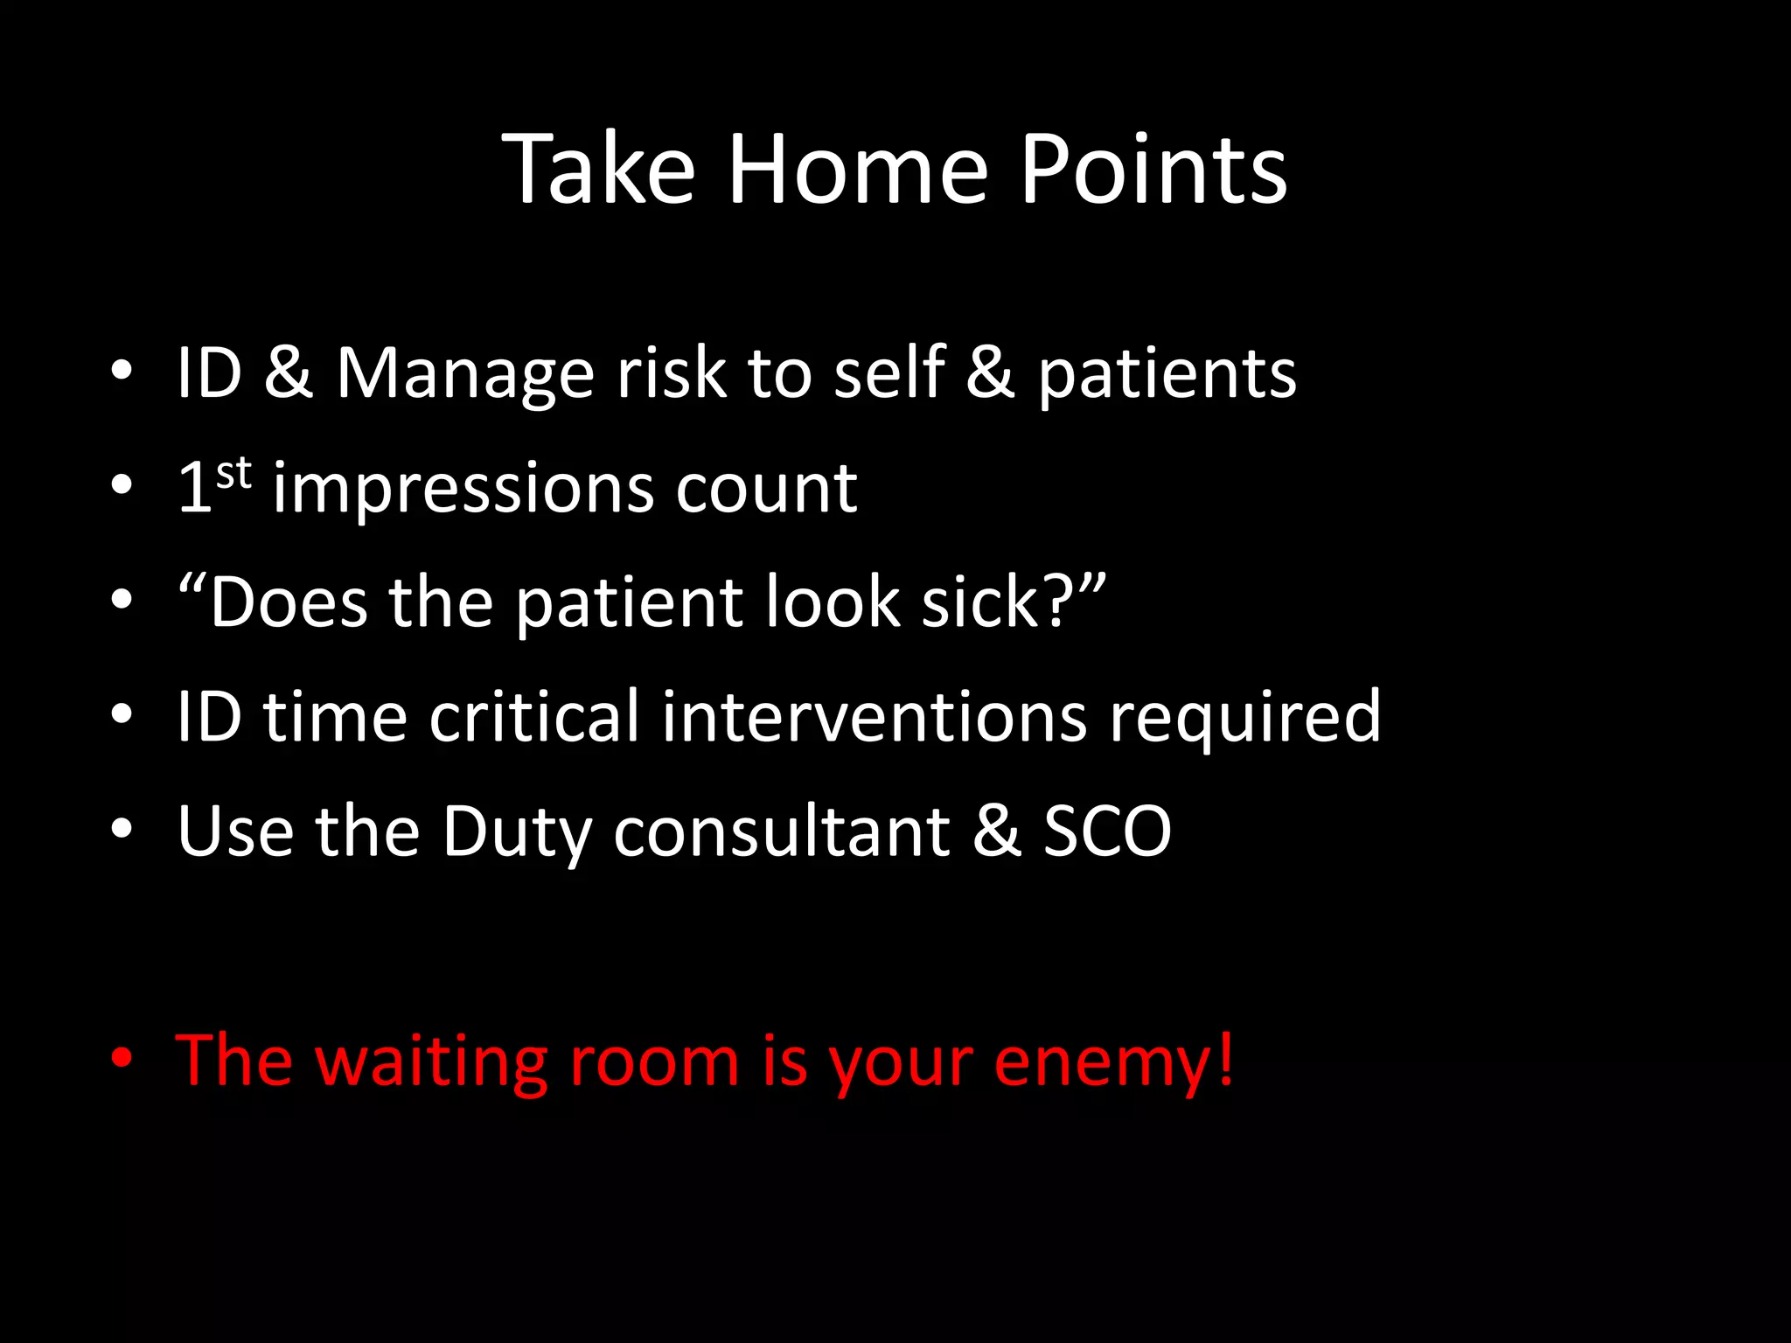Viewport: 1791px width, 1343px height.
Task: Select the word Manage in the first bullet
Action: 464,374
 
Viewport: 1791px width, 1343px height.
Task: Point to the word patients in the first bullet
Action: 1167,374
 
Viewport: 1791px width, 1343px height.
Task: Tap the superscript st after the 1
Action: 233,473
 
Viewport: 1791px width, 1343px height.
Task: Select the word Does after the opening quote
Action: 289,602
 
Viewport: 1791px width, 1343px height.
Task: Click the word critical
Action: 533,717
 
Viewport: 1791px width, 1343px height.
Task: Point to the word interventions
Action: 874,717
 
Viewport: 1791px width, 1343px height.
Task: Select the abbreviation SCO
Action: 1107,832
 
